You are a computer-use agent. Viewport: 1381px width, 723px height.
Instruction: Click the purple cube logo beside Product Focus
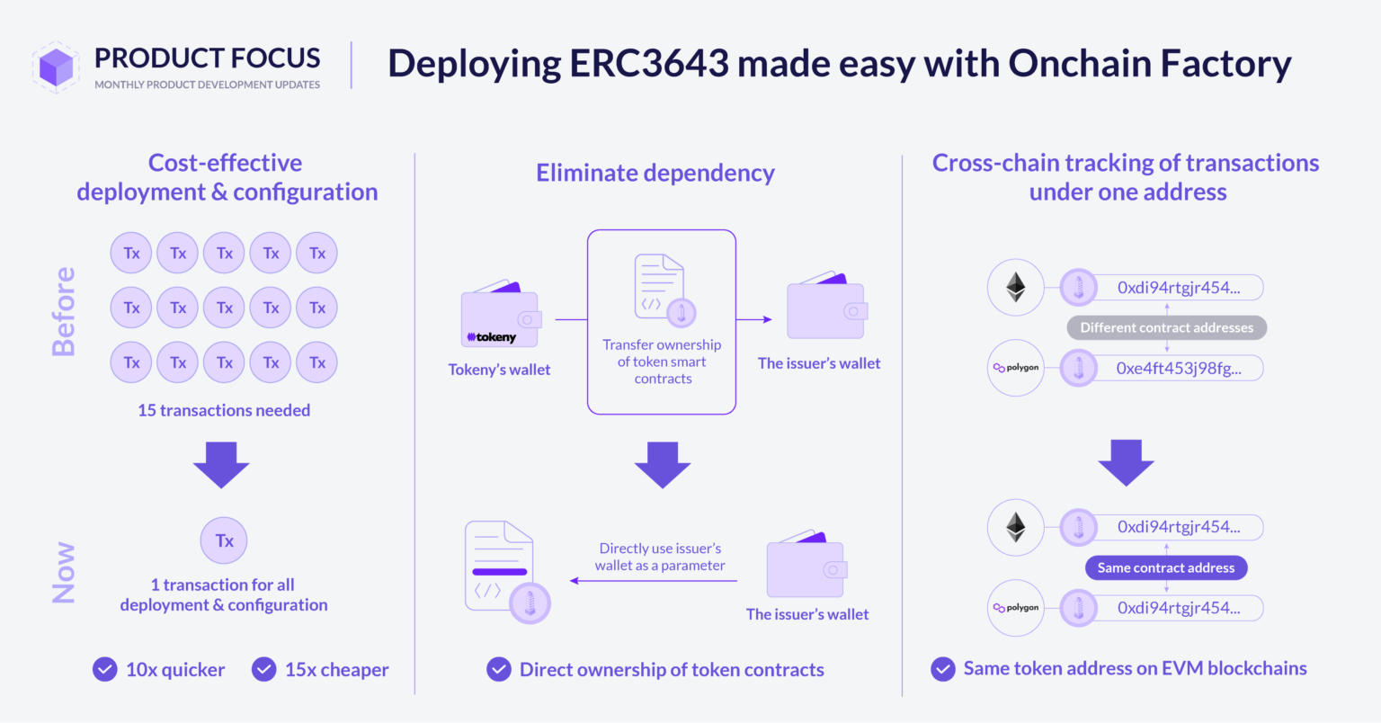pyautogui.click(x=57, y=67)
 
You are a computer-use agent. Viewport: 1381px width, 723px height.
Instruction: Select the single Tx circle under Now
pyautogui.click(x=224, y=540)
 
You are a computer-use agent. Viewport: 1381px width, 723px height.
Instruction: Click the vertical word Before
pyautogui.click(x=64, y=311)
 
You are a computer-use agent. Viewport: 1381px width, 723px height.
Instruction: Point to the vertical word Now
pyautogui.click(x=64, y=572)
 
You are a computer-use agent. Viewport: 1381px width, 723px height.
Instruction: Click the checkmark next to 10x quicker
pyautogui.click(x=105, y=670)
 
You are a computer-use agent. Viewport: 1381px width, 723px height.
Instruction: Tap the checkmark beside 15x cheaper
pyautogui.click(x=263, y=670)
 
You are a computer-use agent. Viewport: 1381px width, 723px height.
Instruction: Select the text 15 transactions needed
pyautogui.click(x=224, y=410)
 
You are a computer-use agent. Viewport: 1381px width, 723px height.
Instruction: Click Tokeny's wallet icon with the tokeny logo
pyautogui.click(x=500, y=317)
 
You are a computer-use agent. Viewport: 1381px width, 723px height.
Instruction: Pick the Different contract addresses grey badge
pyautogui.click(x=1166, y=327)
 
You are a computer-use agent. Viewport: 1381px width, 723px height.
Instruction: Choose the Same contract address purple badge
pyautogui.click(x=1166, y=567)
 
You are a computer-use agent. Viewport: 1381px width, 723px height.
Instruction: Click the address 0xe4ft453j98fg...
pyautogui.click(x=1178, y=368)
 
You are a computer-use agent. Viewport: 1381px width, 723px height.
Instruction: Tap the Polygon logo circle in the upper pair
pyautogui.click(x=1016, y=368)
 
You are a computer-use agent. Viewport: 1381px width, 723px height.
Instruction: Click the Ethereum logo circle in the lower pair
pyautogui.click(x=1016, y=527)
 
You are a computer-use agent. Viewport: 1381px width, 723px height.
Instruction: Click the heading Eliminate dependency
pyautogui.click(x=655, y=173)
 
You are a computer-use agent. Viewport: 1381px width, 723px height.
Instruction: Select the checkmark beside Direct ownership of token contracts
pyautogui.click(x=499, y=670)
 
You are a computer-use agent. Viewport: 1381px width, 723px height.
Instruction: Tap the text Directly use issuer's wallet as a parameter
pyautogui.click(x=660, y=557)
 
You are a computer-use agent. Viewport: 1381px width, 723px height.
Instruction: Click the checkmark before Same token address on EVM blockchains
pyautogui.click(x=943, y=669)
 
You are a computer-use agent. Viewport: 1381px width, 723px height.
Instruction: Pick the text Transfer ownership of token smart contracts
pyautogui.click(x=662, y=361)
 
